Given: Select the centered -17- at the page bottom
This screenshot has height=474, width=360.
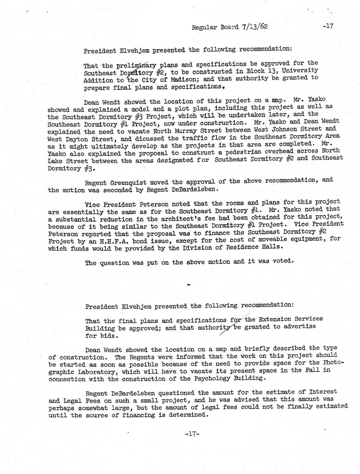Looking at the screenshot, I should [x=192, y=434].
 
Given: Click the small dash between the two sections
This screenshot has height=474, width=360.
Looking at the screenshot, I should [x=188, y=284].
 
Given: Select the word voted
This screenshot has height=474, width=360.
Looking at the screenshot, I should [x=283, y=261].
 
